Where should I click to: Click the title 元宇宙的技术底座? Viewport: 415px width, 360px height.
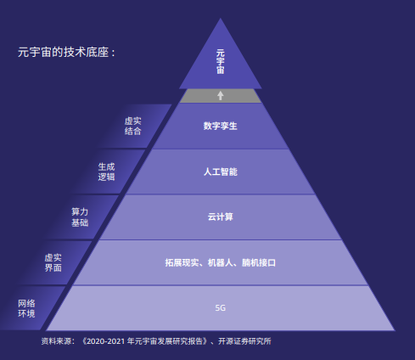point(64,52)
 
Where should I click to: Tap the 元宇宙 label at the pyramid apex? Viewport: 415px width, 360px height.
point(221,62)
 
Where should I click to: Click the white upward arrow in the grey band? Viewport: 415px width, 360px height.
point(221,95)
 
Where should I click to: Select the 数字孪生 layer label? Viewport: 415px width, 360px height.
point(221,126)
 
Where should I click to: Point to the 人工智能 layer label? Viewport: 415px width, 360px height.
point(221,172)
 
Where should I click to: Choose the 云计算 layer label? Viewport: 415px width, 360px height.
point(221,217)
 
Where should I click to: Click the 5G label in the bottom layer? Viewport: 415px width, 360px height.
point(221,308)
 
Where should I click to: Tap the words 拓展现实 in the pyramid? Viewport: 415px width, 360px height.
point(182,262)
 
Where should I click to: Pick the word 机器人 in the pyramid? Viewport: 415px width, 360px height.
point(221,262)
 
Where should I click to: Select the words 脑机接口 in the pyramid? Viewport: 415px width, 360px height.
point(259,262)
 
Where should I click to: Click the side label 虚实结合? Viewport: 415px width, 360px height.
point(132,126)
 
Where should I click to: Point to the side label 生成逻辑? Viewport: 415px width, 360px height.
point(106,172)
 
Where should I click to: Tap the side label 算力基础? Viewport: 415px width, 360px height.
point(80,217)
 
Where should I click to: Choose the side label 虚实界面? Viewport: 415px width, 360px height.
point(53,262)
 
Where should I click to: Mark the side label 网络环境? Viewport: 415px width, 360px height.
point(26,308)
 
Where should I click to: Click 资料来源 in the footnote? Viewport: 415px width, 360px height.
point(56,341)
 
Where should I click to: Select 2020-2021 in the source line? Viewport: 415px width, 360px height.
point(106,341)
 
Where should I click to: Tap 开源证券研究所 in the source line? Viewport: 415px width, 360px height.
point(244,341)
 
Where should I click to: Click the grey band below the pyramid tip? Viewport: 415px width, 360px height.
point(221,96)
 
